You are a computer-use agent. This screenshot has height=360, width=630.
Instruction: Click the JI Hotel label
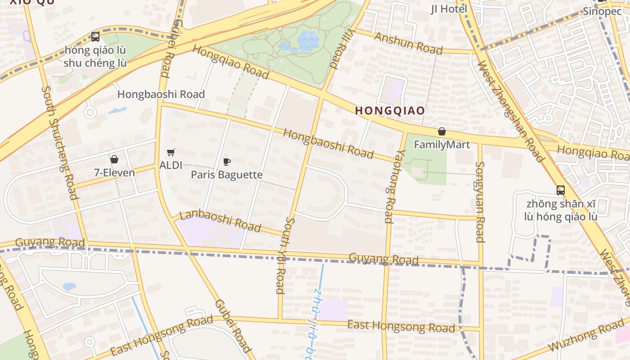point(449,9)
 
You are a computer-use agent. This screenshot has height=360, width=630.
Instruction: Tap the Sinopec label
point(602,12)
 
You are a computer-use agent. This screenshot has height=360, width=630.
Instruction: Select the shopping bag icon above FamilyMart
point(442,131)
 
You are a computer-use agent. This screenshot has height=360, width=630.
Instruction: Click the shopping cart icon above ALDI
point(171,153)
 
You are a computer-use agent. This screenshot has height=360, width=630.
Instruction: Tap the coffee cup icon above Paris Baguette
point(227,162)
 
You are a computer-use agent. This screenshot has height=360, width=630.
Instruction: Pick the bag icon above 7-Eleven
point(114,159)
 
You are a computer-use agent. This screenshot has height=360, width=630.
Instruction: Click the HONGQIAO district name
point(390,110)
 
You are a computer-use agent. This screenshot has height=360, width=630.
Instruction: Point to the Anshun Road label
point(408,43)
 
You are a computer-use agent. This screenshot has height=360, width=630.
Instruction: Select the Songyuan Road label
point(480,202)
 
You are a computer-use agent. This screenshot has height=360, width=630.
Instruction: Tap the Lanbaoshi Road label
point(220,220)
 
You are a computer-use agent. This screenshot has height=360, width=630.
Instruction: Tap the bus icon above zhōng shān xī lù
point(560,190)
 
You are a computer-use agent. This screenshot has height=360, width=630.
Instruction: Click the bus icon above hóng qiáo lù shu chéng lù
point(95,37)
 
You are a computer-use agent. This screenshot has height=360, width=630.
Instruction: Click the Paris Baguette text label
point(227,175)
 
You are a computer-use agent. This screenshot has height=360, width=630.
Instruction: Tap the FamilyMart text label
point(441,144)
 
